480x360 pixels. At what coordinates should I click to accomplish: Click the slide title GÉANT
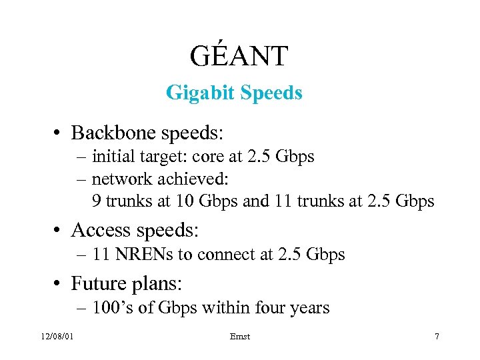(238, 57)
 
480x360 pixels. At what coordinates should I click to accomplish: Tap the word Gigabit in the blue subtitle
(195, 93)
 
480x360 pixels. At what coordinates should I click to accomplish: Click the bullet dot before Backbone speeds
(59, 133)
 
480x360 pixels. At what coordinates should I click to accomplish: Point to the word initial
(112, 157)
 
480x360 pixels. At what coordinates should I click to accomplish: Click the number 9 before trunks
(97, 201)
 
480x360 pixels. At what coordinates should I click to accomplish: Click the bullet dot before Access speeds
(59, 231)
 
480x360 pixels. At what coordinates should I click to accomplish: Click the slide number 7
(437, 336)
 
